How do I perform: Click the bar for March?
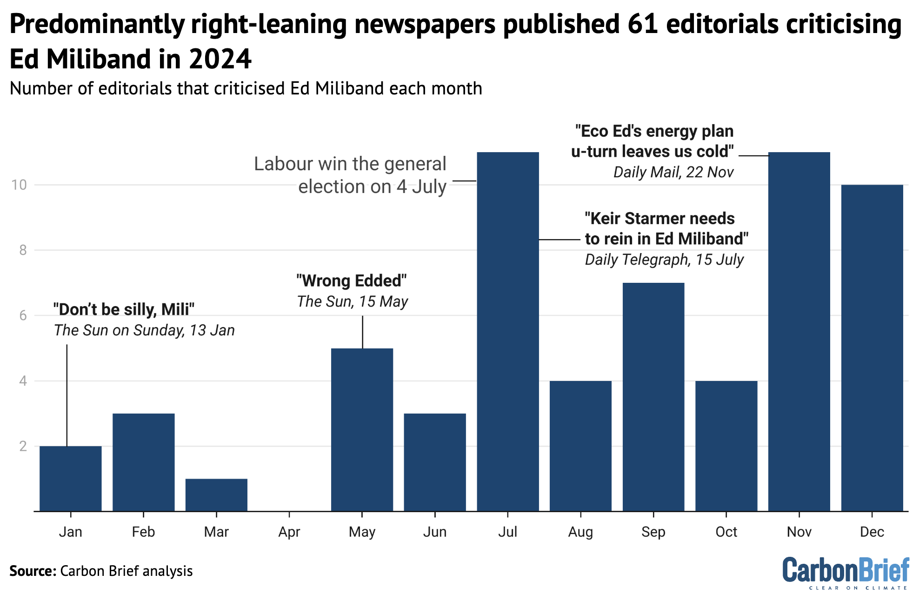(x=216, y=495)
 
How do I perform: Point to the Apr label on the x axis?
(x=289, y=532)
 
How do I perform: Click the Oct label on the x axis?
(x=726, y=532)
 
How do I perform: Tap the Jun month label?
(x=435, y=532)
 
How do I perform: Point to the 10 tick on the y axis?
(x=20, y=185)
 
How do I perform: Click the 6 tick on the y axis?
(x=23, y=316)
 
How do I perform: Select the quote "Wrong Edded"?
(x=352, y=281)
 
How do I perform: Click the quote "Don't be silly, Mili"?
(x=124, y=309)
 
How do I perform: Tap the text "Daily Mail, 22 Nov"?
(x=673, y=172)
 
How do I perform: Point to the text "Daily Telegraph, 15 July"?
(x=664, y=260)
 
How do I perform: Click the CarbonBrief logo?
(x=845, y=571)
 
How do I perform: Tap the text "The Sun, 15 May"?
(x=353, y=301)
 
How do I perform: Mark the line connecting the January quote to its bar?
(x=67, y=395)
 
